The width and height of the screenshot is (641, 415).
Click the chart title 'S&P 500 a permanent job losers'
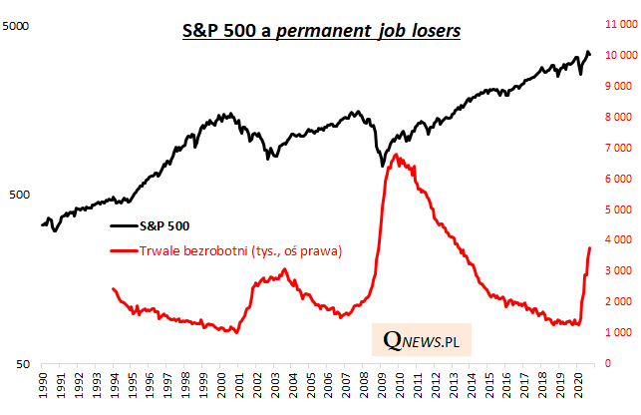pos(320,31)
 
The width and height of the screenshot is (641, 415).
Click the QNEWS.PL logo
pos(421,340)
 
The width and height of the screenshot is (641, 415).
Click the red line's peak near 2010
pos(396,155)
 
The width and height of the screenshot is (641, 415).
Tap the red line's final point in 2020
pos(590,247)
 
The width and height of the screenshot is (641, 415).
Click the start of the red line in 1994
pos(112,288)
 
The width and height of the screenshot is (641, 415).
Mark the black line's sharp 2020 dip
pos(581,74)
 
